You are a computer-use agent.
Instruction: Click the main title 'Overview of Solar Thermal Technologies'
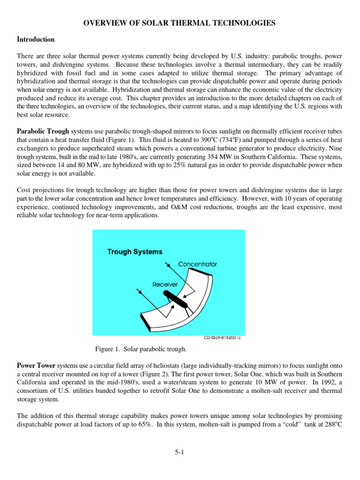(x=180, y=23)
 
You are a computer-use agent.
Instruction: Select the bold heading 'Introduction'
(x=36, y=39)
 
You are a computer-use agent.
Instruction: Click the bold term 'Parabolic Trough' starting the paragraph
(x=43, y=131)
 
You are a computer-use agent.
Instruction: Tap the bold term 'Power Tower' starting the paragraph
(x=36, y=365)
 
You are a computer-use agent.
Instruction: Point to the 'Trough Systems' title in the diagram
(x=135, y=252)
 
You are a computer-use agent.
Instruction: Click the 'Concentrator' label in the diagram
(x=197, y=264)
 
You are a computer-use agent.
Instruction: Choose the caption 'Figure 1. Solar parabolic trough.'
(x=141, y=349)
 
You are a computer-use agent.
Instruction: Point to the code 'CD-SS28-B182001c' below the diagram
(x=225, y=337)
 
